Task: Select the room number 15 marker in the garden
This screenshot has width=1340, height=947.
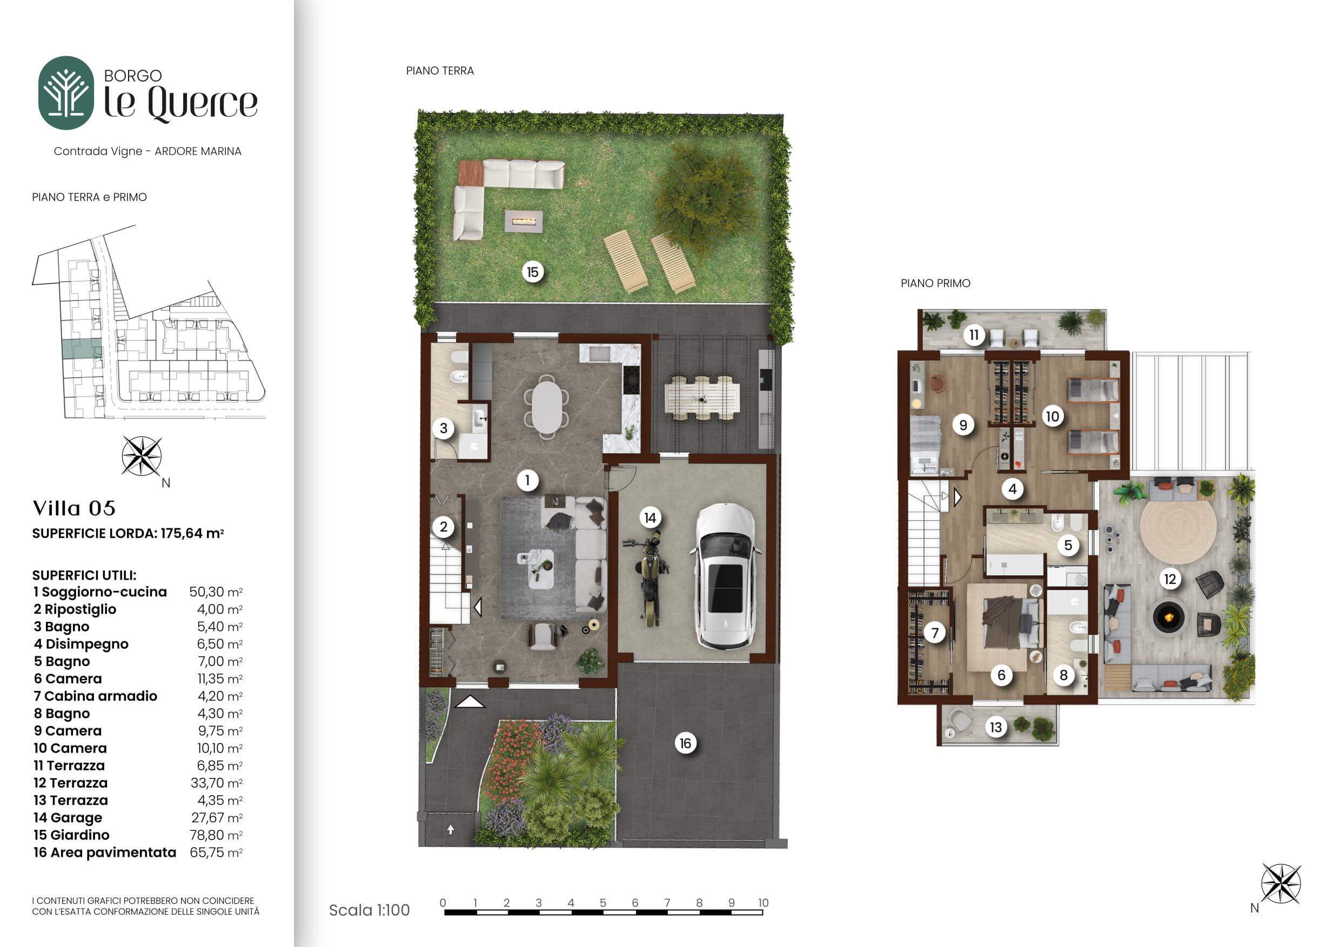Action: click(532, 272)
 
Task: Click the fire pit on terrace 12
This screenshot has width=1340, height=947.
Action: click(1169, 616)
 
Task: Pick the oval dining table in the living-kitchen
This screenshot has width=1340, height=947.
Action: click(547, 406)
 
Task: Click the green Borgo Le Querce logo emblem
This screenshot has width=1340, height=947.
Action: click(66, 93)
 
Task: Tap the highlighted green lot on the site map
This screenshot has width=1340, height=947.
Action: click(82, 348)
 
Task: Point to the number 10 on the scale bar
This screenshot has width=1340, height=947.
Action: click(763, 903)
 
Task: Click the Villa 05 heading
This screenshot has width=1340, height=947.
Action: click(74, 508)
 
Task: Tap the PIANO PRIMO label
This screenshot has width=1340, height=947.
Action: click(935, 283)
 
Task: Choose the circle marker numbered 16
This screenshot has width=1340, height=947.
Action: click(685, 743)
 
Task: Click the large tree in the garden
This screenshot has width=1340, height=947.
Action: click(706, 196)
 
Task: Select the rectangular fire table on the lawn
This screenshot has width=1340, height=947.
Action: click(524, 221)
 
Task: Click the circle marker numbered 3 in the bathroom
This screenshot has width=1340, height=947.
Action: click(444, 428)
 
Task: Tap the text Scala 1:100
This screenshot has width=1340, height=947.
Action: click(370, 910)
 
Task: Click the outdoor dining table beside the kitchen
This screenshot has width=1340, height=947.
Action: click(702, 398)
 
